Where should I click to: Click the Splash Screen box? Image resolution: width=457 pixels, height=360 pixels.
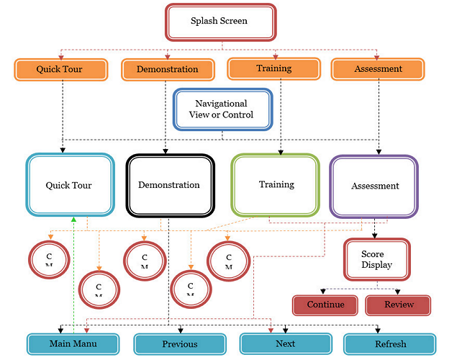coord(220,22)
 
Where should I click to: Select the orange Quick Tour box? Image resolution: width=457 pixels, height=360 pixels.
coord(62,70)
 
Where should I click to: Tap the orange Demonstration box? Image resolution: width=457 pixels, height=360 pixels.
coord(168,70)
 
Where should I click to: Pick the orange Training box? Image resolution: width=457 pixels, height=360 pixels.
coord(273,69)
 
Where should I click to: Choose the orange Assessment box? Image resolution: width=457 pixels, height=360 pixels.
coord(378,70)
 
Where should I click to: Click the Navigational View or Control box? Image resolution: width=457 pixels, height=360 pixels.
coord(223,109)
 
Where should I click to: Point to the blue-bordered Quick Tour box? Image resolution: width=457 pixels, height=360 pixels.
coord(69,185)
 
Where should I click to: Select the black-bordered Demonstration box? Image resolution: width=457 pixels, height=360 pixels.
coord(169,185)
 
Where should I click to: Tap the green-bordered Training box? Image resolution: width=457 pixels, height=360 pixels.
coord(276,184)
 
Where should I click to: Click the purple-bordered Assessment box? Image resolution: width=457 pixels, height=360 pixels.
coord(374,186)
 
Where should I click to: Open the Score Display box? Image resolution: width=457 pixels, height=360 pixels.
coord(376,259)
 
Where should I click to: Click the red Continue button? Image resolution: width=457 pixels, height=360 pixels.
coord(325,305)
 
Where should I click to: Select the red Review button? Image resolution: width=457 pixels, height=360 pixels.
coord(399,305)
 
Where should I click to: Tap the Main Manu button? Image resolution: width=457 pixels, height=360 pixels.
coord(73,343)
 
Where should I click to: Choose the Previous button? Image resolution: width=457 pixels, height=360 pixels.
coord(179,344)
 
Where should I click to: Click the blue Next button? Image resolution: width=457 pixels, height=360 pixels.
coord(286,343)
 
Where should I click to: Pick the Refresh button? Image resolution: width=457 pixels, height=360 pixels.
coord(390,344)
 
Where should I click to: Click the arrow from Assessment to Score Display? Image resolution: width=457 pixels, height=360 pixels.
coord(374,229)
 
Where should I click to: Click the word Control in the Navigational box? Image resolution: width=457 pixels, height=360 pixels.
coord(237,115)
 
